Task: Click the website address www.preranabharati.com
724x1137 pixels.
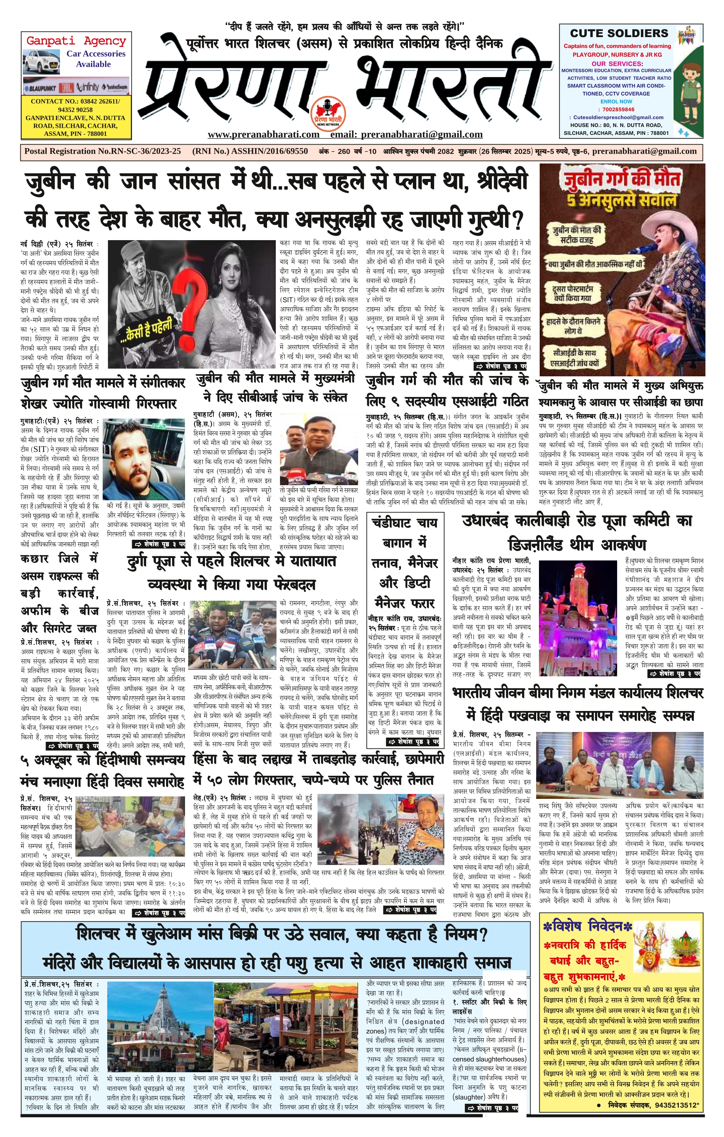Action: point(263,134)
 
